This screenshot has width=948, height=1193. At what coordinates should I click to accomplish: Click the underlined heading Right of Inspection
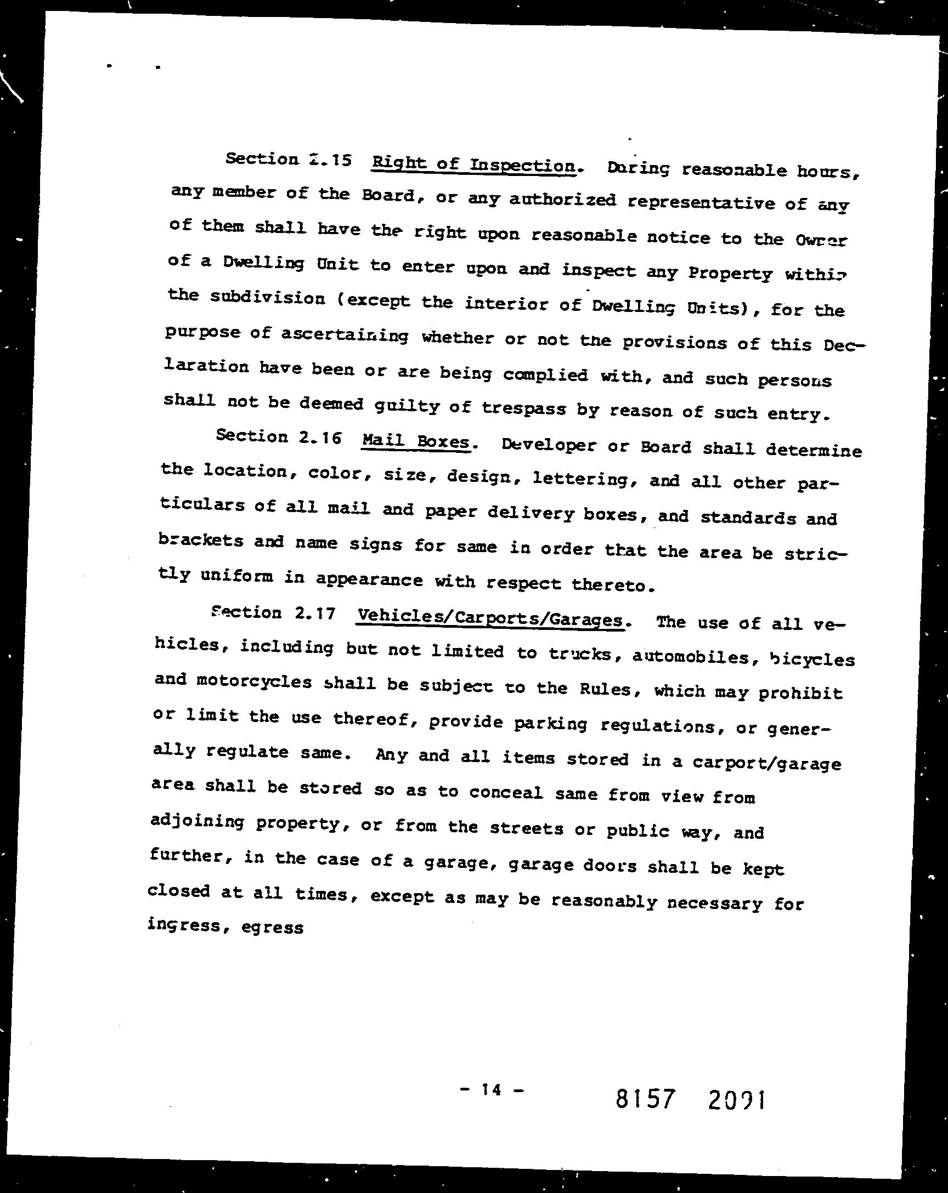pyautogui.click(x=474, y=164)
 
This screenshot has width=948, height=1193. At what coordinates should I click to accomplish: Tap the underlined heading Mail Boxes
pyautogui.click(x=415, y=441)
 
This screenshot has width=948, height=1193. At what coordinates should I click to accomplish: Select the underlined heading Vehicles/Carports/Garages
pyautogui.click(x=490, y=618)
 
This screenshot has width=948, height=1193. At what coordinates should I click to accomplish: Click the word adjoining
pyautogui.click(x=197, y=822)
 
